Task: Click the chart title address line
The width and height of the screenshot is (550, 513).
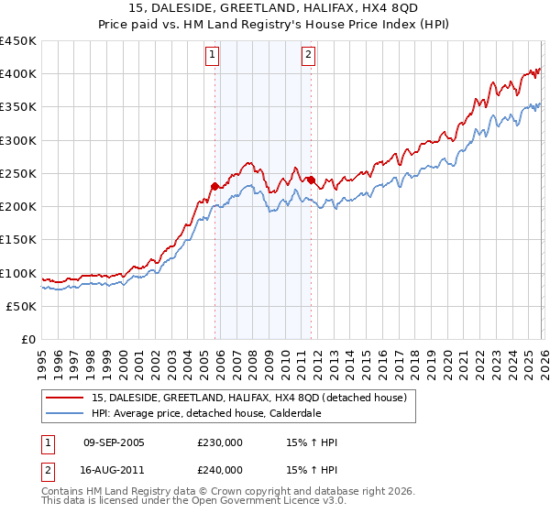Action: click(x=274, y=8)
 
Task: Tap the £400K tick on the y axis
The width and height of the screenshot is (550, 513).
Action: click(x=17, y=74)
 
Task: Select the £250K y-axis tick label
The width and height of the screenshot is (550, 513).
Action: click(x=17, y=174)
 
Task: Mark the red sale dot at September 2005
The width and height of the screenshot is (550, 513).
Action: click(x=214, y=186)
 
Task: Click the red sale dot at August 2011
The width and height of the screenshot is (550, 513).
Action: click(x=311, y=180)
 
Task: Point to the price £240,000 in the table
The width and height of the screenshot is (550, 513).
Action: click(x=219, y=469)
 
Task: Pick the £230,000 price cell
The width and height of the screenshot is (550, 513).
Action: click(x=219, y=442)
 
